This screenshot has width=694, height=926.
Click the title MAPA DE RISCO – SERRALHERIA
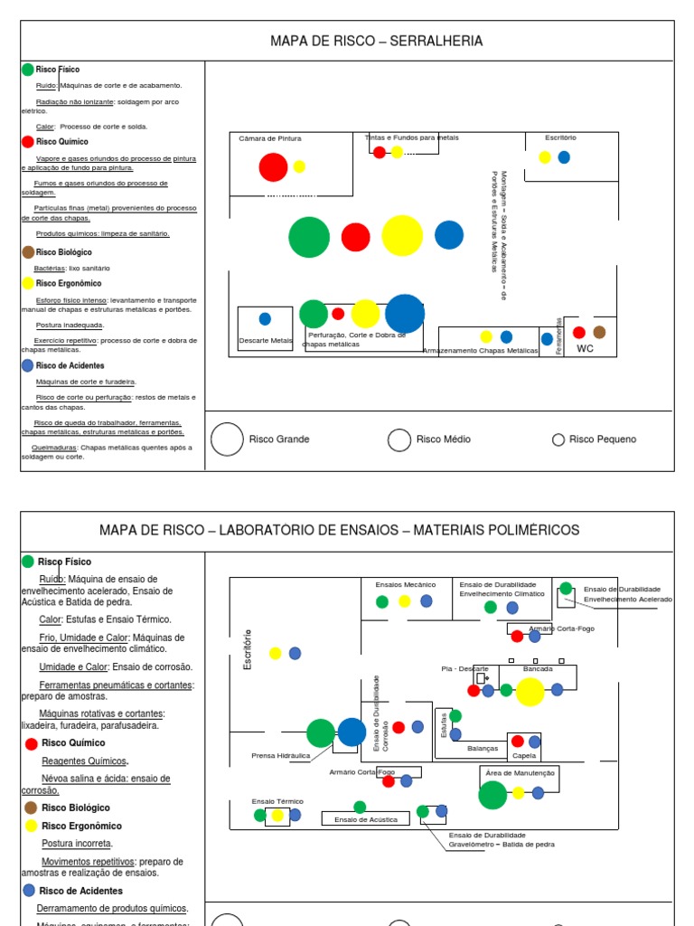pyautogui.click(x=376, y=41)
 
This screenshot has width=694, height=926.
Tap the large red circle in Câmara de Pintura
pyautogui.click(x=273, y=167)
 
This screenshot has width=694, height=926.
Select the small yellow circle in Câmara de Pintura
pyautogui.click(x=299, y=166)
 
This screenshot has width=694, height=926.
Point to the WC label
pyautogui.click(x=586, y=348)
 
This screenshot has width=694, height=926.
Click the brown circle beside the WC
pyautogui.click(x=599, y=333)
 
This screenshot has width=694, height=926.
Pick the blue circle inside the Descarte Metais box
pyautogui.click(x=265, y=318)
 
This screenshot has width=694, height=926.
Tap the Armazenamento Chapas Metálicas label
pyautogui.click(x=480, y=350)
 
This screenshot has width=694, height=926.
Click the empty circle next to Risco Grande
pyautogui.click(x=227, y=439)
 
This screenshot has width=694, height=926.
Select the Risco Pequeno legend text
pyautogui.click(x=602, y=439)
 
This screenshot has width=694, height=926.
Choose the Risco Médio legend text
pyautogui.click(x=443, y=439)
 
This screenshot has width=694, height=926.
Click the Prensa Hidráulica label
pyautogui.click(x=280, y=755)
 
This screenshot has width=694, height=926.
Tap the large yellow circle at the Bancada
pyautogui.click(x=530, y=691)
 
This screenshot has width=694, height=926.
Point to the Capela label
pyautogui.click(x=524, y=755)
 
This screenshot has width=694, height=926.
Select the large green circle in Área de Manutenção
pyautogui.click(x=492, y=795)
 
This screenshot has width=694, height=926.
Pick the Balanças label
pyautogui.click(x=482, y=749)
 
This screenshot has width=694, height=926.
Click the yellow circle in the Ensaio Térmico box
pyautogui.click(x=277, y=816)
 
